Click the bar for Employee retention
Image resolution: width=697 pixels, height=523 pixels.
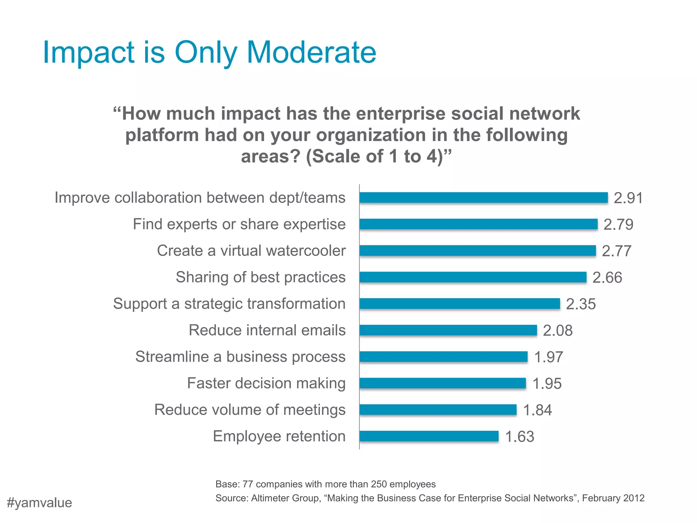[429, 436]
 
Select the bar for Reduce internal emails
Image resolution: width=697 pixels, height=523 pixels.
[448, 330]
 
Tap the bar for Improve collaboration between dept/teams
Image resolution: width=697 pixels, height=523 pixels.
[483, 197]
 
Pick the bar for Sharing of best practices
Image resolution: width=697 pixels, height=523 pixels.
[473, 277]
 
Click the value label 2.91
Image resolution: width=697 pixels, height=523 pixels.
[628, 198]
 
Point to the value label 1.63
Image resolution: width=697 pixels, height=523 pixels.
[519, 437]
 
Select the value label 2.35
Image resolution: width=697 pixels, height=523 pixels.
[581, 304]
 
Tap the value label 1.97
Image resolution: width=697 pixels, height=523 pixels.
[548, 357]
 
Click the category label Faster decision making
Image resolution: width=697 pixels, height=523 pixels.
[266, 383]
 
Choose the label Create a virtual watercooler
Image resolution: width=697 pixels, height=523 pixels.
[251, 251]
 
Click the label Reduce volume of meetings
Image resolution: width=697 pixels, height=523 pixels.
[250, 410]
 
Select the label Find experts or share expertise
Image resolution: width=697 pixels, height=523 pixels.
[239, 224]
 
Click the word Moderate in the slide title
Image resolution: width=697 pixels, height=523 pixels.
[311, 53]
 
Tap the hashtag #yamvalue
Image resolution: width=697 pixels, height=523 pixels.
[39, 503]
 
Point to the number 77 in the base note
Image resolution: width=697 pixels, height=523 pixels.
[248, 484]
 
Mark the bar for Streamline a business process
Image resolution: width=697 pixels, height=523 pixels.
[443, 356]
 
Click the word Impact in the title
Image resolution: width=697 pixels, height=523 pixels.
[88, 53]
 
